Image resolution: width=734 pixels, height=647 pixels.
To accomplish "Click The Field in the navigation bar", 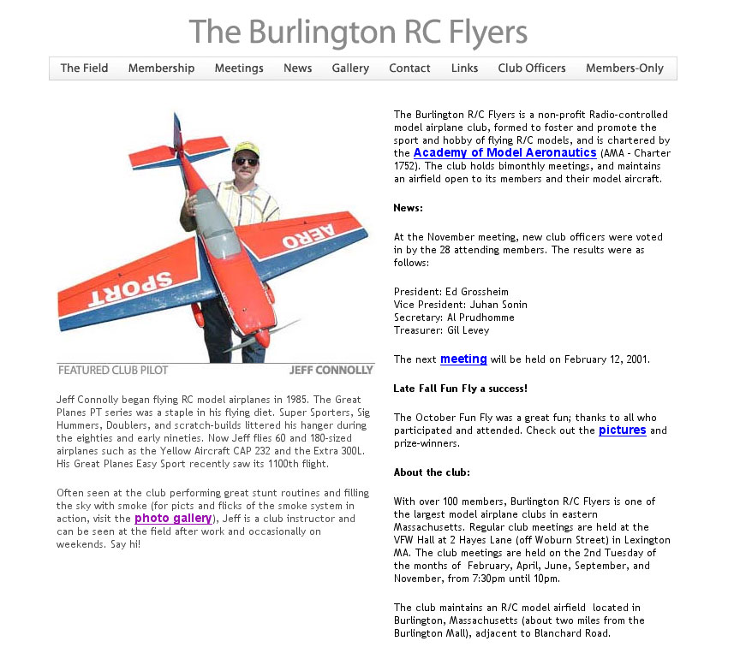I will click(x=84, y=68).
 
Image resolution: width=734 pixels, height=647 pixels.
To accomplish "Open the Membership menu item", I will click(x=161, y=68).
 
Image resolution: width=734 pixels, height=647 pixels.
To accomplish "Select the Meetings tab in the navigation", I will click(x=239, y=68).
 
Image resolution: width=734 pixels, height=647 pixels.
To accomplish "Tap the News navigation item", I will click(x=297, y=68).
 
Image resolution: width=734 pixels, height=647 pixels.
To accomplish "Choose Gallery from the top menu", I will click(x=350, y=68).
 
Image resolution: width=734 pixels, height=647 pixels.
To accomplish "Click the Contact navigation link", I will click(x=409, y=68).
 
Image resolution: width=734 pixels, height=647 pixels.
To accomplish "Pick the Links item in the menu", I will click(x=464, y=68).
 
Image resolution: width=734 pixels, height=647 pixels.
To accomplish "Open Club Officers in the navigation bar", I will click(x=532, y=68).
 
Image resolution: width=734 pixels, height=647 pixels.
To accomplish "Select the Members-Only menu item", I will click(x=624, y=68).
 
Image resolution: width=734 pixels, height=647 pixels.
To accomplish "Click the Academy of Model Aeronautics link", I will click(x=504, y=153).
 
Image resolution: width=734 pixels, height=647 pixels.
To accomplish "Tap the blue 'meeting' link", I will click(x=463, y=359).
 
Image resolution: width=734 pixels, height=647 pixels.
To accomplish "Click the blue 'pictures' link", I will click(x=622, y=430).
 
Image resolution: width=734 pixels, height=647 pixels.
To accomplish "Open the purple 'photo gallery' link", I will click(x=172, y=519).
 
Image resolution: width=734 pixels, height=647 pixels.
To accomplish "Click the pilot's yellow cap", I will click(x=246, y=148).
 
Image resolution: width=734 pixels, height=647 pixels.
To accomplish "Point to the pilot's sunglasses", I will click(x=246, y=161).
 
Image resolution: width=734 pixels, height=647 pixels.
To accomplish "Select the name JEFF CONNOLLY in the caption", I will click(x=331, y=371).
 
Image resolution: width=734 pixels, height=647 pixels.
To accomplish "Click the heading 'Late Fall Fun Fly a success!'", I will click(x=460, y=389).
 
